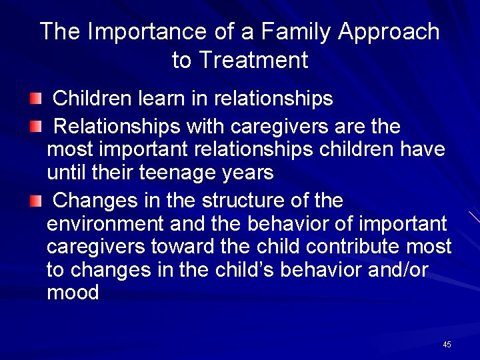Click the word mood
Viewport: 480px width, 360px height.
(x=73, y=293)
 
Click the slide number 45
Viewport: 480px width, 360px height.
(x=447, y=345)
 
